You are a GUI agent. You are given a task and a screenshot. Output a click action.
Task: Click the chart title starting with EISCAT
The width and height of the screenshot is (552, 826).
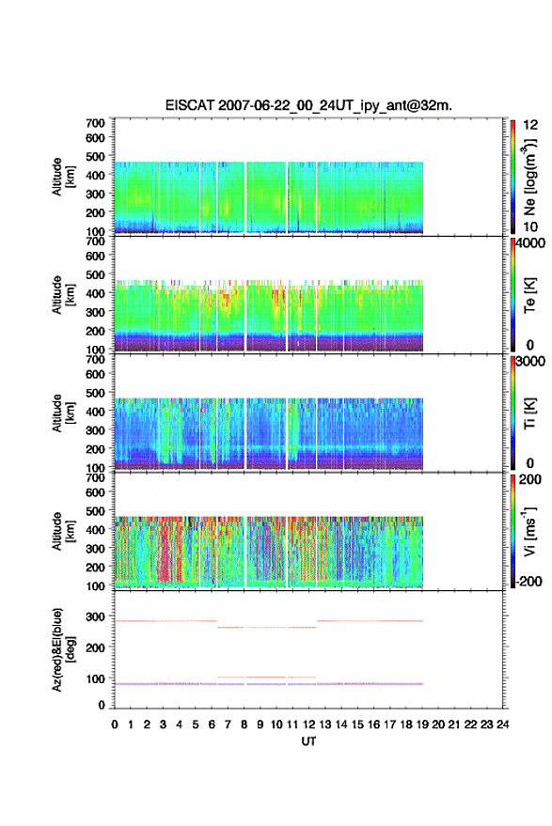coord(308,105)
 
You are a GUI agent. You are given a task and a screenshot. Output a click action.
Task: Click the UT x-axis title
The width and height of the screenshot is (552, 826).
coord(308,741)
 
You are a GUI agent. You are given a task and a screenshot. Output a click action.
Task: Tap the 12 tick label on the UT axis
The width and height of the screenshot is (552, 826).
coord(308,725)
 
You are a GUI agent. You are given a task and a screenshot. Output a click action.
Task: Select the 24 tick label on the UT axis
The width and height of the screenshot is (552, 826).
coord(502,725)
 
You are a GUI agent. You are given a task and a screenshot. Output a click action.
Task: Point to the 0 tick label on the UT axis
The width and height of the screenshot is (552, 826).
coord(115,725)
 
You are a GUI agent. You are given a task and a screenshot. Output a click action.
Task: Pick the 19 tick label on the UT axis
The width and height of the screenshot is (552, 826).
coord(422,725)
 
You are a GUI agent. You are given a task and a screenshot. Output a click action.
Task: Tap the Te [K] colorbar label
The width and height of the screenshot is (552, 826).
coord(529,295)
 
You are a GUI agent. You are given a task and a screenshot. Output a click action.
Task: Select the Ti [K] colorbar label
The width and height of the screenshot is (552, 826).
coord(529,413)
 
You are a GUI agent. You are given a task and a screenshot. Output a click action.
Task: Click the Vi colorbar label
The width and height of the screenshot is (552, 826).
coord(529,531)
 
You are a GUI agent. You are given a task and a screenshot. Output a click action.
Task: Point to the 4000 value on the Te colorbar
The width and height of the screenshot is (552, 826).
coord(530,244)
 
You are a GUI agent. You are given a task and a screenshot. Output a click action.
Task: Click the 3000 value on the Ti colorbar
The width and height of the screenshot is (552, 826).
coord(530,362)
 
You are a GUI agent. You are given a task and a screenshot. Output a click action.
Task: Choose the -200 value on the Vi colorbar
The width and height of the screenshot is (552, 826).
coord(528,582)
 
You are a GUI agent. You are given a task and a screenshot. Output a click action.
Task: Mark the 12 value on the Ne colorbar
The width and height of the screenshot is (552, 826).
coord(530,125)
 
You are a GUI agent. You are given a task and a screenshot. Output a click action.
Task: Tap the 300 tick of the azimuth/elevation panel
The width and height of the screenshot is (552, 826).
coord(95,616)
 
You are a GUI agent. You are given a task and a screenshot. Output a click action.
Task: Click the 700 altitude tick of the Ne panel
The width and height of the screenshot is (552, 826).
coord(95,123)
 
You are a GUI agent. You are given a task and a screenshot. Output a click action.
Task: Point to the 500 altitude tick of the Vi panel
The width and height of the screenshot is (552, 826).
coord(95,511)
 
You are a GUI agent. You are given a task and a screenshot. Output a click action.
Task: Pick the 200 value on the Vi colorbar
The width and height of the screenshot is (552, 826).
coord(530,479)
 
